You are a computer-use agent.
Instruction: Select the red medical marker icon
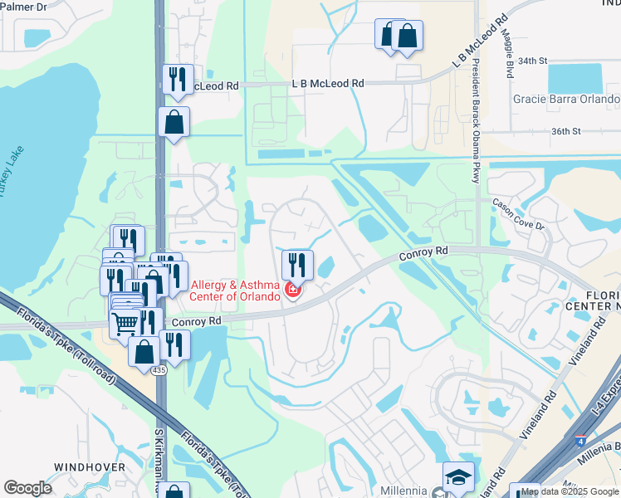tap(292, 290)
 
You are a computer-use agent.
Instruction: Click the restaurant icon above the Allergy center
tap(297, 265)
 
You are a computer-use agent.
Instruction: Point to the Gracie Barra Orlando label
tap(566, 100)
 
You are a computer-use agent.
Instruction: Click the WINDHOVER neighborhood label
tap(90, 467)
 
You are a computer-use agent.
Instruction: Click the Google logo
tap(27, 488)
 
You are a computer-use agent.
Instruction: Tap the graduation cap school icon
tap(458, 477)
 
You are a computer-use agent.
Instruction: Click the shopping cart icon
tap(125, 322)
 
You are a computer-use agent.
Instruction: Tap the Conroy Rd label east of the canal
tap(423, 251)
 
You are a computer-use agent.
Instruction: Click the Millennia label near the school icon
tap(404, 491)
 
